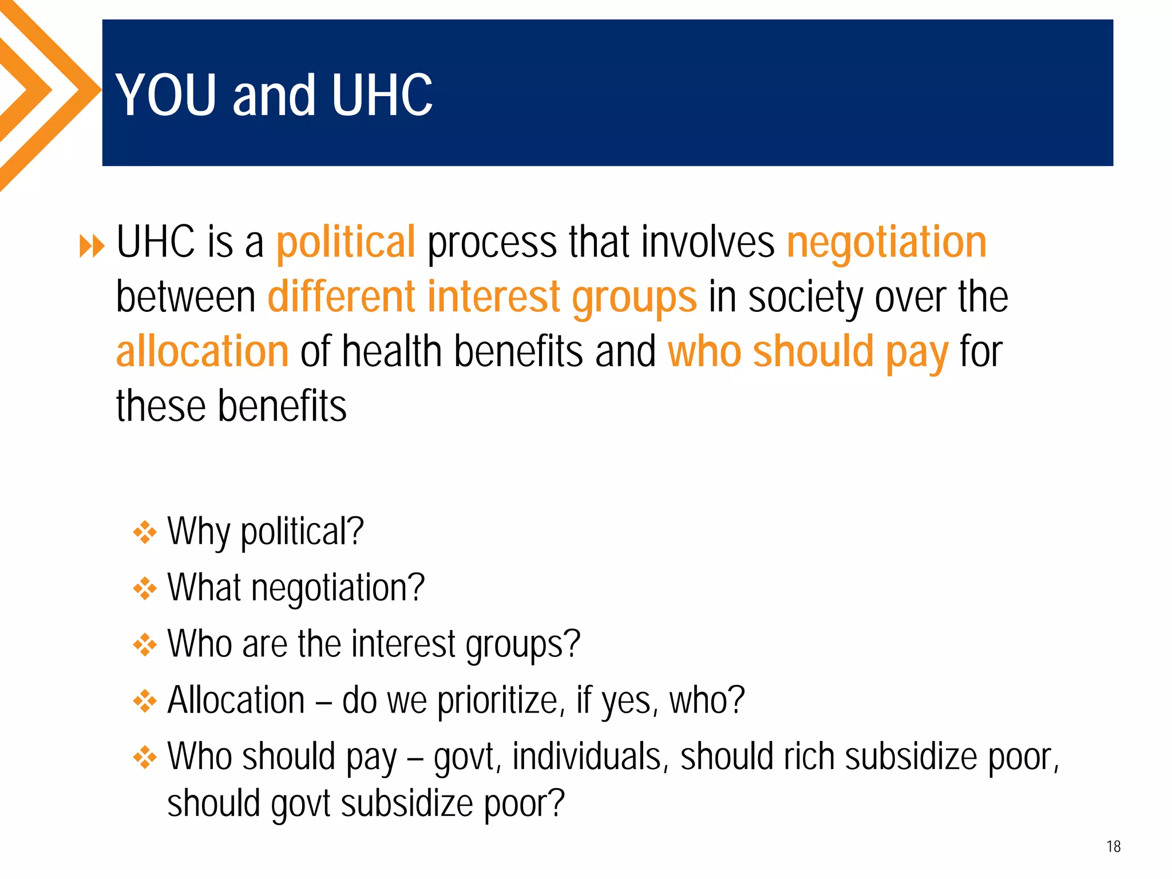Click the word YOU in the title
click(x=167, y=95)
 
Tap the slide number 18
click(x=1113, y=846)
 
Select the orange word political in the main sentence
click(x=346, y=242)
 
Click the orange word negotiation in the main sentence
click(x=886, y=242)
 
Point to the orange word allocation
click(x=202, y=351)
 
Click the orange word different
click(x=342, y=296)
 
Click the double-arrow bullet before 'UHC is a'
click(x=92, y=246)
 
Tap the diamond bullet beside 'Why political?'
click(x=145, y=532)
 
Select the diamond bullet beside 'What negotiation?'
click(x=145, y=588)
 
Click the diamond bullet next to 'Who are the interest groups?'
click(x=145, y=645)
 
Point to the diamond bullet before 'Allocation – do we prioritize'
click(x=145, y=701)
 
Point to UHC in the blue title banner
click(x=382, y=95)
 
